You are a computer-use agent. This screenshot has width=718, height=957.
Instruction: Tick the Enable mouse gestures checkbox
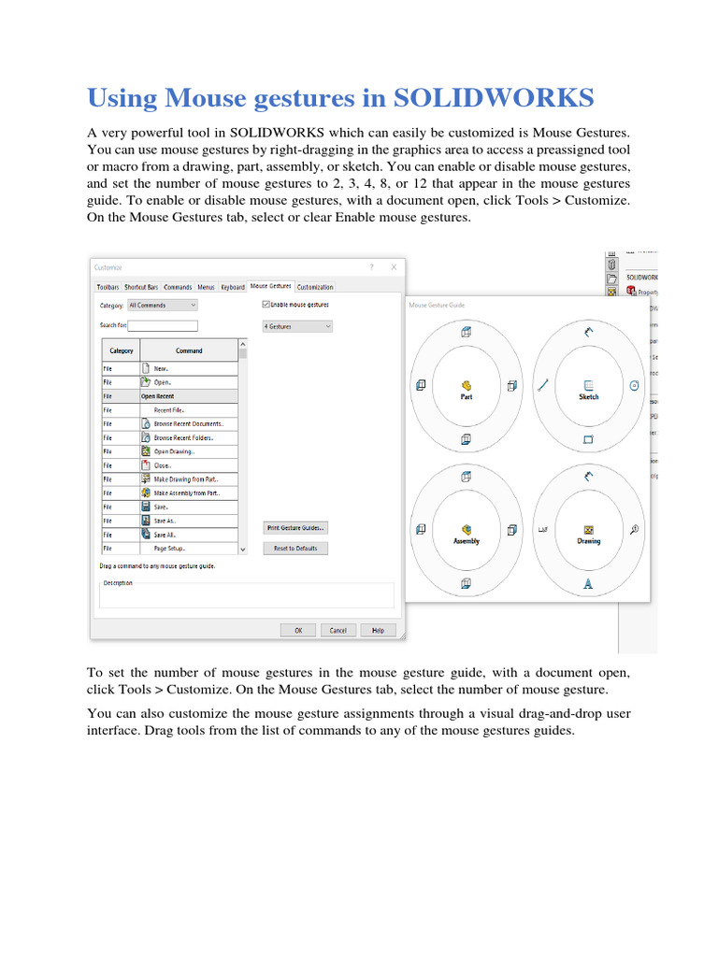coord(267,305)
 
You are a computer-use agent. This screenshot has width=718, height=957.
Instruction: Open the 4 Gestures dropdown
coord(297,326)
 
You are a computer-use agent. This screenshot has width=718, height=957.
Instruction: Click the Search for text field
coord(163,326)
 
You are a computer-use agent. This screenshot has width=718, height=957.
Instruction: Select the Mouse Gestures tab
coord(271,286)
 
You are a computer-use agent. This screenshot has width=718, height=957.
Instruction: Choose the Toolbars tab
coord(108,287)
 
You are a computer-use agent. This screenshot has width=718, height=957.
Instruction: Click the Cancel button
coord(337,630)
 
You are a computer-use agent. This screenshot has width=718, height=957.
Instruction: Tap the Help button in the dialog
coord(378,630)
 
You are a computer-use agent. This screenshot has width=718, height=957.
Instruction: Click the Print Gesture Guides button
coord(295,528)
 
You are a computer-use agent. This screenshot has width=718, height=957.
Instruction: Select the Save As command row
coord(165,521)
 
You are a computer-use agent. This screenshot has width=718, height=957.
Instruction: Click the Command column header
coord(189,351)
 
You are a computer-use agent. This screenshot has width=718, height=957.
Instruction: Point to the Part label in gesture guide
coord(466,397)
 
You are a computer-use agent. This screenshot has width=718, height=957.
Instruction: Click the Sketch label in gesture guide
coord(588,397)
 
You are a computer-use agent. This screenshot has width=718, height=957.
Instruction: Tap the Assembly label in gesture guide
coord(466,541)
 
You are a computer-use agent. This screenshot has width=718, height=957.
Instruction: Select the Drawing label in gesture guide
coord(588,541)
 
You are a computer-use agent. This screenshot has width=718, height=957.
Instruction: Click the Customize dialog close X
coord(395,267)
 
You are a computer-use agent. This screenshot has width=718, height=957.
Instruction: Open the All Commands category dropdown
coord(162,305)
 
